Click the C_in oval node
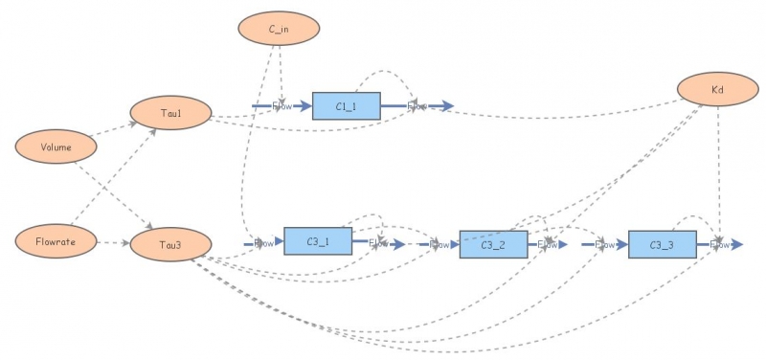pyautogui.click(x=279, y=29)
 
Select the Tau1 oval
pyautogui.click(x=170, y=112)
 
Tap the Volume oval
pyautogui.click(x=56, y=147)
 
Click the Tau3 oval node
pyautogui.click(x=169, y=244)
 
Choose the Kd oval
pyautogui.click(x=717, y=90)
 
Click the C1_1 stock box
pyautogui.click(x=347, y=106)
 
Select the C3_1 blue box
pyautogui.click(x=318, y=242)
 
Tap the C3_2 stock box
pyautogui.click(x=493, y=244)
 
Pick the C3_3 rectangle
pyautogui.click(x=662, y=244)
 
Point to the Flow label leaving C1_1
pyautogui.click(x=417, y=105)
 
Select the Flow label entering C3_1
pyautogui.click(x=263, y=243)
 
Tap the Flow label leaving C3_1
pyautogui.click(x=379, y=243)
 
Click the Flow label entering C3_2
pyautogui.click(x=439, y=244)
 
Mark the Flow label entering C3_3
pyautogui.click(x=605, y=244)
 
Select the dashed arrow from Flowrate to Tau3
pyautogui.click(x=114, y=242)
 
